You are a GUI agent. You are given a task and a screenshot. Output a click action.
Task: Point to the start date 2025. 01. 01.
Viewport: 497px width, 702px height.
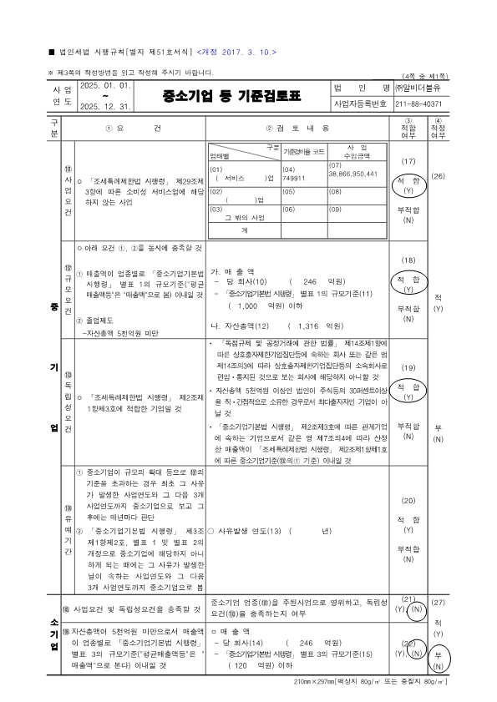point(105,85)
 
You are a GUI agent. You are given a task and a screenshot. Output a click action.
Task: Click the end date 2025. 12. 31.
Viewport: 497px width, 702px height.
point(105,106)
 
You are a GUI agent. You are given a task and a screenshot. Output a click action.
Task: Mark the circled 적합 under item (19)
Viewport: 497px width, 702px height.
point(409,387)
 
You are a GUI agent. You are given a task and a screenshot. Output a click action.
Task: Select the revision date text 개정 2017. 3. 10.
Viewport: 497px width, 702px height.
point(236,51)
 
